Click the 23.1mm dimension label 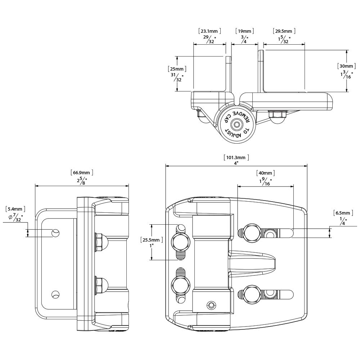pyautogui.click(x=210, y=31)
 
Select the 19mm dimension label pyautogui.click(x=244, y=31)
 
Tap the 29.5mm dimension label pyautogui.click(x=284, y=31)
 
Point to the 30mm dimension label pyautogui.click(x=346, y=66)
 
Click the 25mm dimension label pyautogui.click(x=177, y=69)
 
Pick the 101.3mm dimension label pyautogui.click(x=236, y=157)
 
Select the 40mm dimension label pyautogui.click(x=265, y=173)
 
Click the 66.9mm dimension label pyautogui.click(x=82, y=172)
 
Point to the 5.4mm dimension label pyautogui.click(x=15, y=209)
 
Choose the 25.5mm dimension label pyautogui.click(x=151, y=240)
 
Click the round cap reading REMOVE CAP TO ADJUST pyautogui.click(x=236, y=124)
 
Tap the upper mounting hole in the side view pyautogui.click(x=55, y=233)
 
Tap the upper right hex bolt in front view pyautogui.click(x=252, y=233)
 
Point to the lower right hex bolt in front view pyautogui.click(x=252, y=294)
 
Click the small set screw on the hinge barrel pyautogui.click(x=211, y=305)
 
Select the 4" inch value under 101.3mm pyautogui.click(x=236, y=163)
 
